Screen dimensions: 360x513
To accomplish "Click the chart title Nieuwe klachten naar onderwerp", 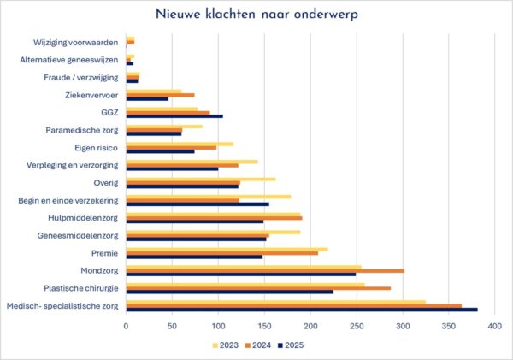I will pyautogui.click(x=256, y=15).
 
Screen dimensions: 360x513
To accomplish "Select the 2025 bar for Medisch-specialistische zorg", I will pyautogui.click(x=226, y=310).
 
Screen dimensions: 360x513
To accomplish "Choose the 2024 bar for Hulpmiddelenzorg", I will pyautogui.click(x=144, y=217).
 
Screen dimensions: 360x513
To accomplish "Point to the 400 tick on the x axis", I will pyautogui.click(x=494, y=326).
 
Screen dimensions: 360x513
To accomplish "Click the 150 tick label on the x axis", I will pyautogui.click(x=264, y=326).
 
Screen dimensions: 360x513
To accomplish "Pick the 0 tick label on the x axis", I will pyautogui.click(x=127, y=326).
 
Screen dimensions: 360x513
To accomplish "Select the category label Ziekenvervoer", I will pyautogui.click(x=91, y=95).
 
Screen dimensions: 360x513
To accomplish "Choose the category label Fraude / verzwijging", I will pyautogui.click(x=80, y=77).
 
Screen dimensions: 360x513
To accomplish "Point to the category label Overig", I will pyautogui.click(x=105, y=182).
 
